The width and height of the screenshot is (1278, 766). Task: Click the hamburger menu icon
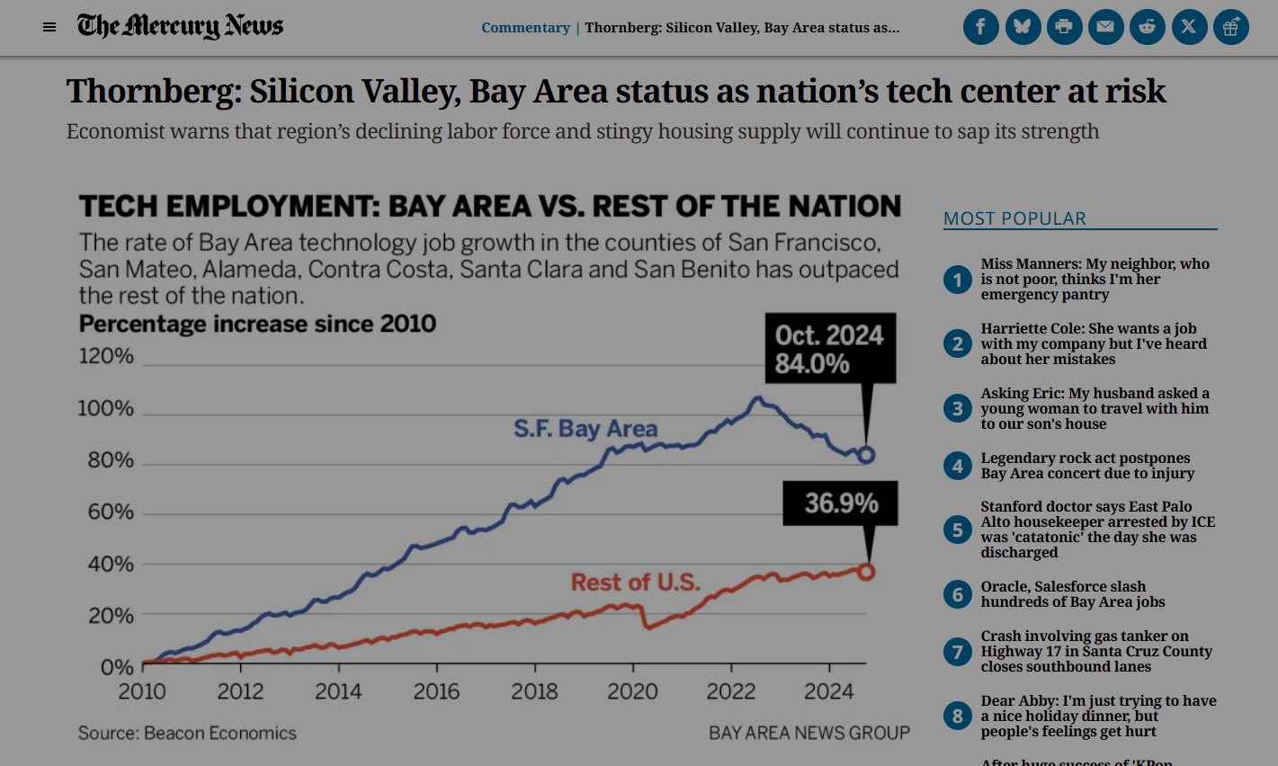(x=49, y=27)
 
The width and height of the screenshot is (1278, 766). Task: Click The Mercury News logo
(x=180, y=26)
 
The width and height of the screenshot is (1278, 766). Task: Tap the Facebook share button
(x=980, y=27)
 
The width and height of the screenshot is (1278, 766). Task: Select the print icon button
(x=1064, y=27)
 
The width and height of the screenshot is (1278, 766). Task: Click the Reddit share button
(x=1147, y=27)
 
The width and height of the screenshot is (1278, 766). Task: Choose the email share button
(x=1105, y=27)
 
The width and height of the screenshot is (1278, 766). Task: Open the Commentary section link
(x=525, y=28)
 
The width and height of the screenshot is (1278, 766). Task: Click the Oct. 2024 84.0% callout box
(x=829, y=349)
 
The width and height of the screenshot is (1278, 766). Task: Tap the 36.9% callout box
(x=840, y=503)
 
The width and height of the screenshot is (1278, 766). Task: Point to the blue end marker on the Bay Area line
(x=866, y=455)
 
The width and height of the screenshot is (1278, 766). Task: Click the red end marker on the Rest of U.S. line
(x=866, y=572)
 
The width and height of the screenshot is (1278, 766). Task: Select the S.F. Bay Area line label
(x=585, y=429)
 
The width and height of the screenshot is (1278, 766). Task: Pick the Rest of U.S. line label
(x=635, y=583)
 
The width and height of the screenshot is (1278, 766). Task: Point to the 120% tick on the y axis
(x=106, y=356)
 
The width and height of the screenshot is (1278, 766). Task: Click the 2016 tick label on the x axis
(x=436, y=691)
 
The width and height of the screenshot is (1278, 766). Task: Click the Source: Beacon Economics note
(x=187, y=733)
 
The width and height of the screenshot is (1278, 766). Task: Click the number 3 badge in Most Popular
(x=957, y=409)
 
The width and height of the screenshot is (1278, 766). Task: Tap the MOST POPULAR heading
(x=1014, y=218)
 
